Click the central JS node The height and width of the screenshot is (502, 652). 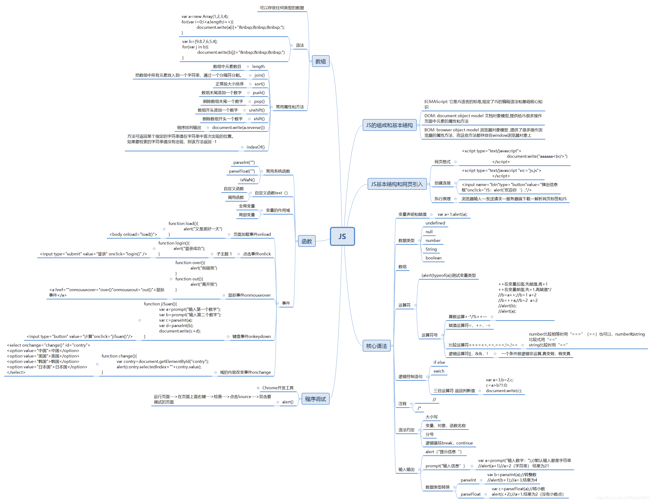pos(342,236)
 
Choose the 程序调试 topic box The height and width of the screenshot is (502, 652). pos(315,399)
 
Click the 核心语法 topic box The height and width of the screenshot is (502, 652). pos(376,346)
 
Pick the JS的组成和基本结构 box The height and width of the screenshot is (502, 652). pos(389,125)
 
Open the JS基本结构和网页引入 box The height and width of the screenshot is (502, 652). pos(397,184)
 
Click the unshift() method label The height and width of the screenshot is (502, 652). pos(257,110)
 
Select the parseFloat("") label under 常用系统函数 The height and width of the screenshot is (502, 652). pos(242,171)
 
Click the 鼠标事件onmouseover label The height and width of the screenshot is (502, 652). pos(249,295)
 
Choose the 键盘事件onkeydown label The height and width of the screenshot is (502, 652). pos(251,336)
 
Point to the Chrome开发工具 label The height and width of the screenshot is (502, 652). pos(278,388)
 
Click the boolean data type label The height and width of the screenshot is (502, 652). pos(433,258)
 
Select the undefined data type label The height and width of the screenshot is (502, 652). pos(435,223)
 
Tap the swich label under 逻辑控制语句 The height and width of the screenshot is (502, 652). pos(439,371)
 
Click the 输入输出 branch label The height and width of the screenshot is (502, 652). pos(406,469)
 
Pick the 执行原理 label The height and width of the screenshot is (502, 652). pos(442,199)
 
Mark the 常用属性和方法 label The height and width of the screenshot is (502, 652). pos(290,107)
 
